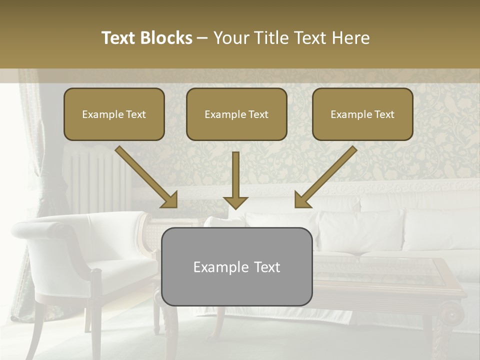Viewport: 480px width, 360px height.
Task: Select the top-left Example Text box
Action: tap(114, 114)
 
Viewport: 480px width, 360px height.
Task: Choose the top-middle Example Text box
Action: tap(236, 114)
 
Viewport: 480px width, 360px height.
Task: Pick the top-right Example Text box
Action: tap(362, 114)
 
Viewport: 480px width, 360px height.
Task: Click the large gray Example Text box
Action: tap(236, 266)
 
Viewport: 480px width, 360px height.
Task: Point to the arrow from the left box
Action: tap(145, 176)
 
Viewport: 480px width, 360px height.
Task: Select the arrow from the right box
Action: tap(326, 176)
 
